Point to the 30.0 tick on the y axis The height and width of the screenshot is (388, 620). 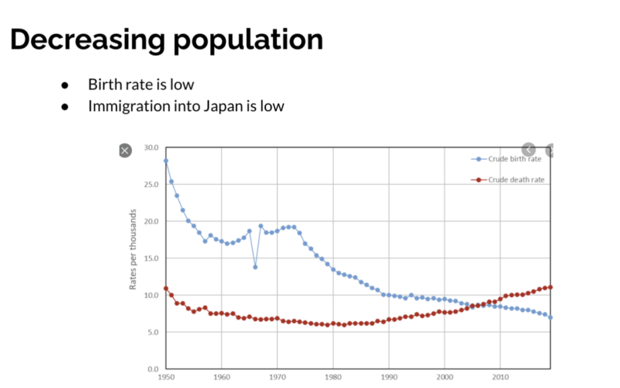point(151,147)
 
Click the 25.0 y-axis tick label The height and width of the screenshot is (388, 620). point(151,185)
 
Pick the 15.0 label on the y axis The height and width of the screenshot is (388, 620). point(151,258)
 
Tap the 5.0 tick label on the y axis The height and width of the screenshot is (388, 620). point(152,332)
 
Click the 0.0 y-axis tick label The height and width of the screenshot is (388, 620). point(152,369)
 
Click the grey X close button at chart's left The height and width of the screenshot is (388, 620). point(125,151)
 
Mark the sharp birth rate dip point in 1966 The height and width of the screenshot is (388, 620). point(255,267)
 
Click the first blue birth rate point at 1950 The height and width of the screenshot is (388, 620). point(166,161)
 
